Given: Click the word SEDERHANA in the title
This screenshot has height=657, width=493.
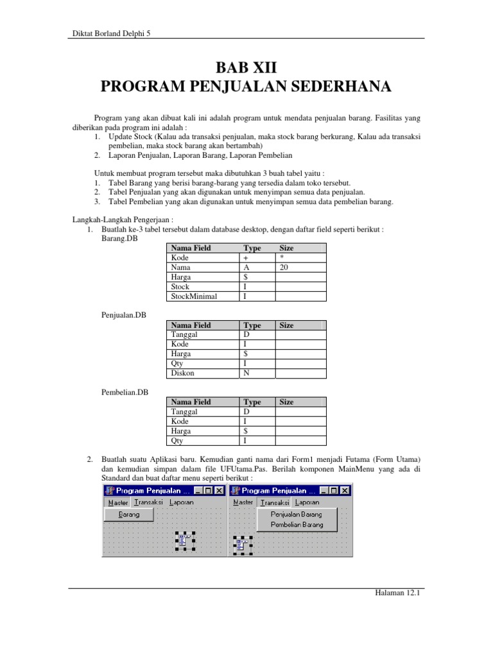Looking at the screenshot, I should (x=343, y=87).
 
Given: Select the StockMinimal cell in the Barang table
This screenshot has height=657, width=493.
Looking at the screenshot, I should (x=195, y=296).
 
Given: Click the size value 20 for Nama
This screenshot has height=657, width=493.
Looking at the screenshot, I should (x=285, y=268).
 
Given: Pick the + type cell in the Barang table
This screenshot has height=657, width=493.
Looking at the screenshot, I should (x=246, y=258).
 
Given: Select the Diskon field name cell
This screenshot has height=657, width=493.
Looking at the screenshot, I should (x=182, y=373).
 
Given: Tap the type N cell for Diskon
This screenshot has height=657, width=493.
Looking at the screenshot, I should (x=246, y=373).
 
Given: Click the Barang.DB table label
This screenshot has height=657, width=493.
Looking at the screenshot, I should (x=119, y=239).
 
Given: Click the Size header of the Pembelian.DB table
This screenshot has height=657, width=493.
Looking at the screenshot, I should (x=286, y=402).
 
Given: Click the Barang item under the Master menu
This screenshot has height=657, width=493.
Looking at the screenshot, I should (x=129, y=514).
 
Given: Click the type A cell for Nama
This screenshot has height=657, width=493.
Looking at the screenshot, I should (x=246, y=268).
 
